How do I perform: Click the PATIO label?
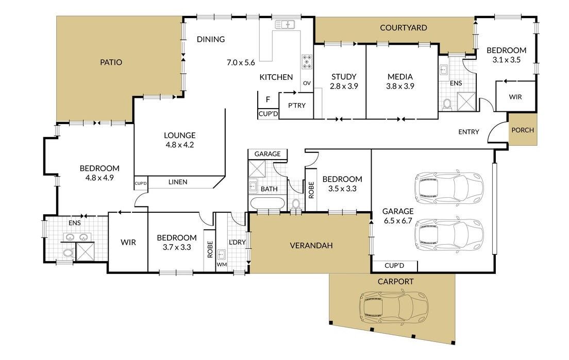tap(111, 62)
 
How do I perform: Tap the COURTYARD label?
tap(403, 28)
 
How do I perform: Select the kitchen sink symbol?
tap(285, 25)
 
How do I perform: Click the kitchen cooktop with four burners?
tap(307, 62)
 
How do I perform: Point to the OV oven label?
tap(307, 83)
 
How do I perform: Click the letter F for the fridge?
tap(268, 99)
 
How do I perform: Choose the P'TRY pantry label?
tap(297, 106)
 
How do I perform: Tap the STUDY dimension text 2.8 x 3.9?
tap(344, 87)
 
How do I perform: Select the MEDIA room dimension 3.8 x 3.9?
tap(400, 87)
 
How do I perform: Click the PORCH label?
tap(523, 130)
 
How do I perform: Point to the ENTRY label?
tap(468, 132)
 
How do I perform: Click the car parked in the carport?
tap(393, 307)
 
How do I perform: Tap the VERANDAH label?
tap(311, 246)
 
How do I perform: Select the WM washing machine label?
tap(222, 265)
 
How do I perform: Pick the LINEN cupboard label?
tap(178, 182)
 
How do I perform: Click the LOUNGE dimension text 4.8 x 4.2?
tap(180, 145)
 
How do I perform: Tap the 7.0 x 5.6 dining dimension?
tap(241, 63)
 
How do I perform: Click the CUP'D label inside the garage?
tap(394, 265)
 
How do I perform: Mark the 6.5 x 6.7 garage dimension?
tap(398, 221)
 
